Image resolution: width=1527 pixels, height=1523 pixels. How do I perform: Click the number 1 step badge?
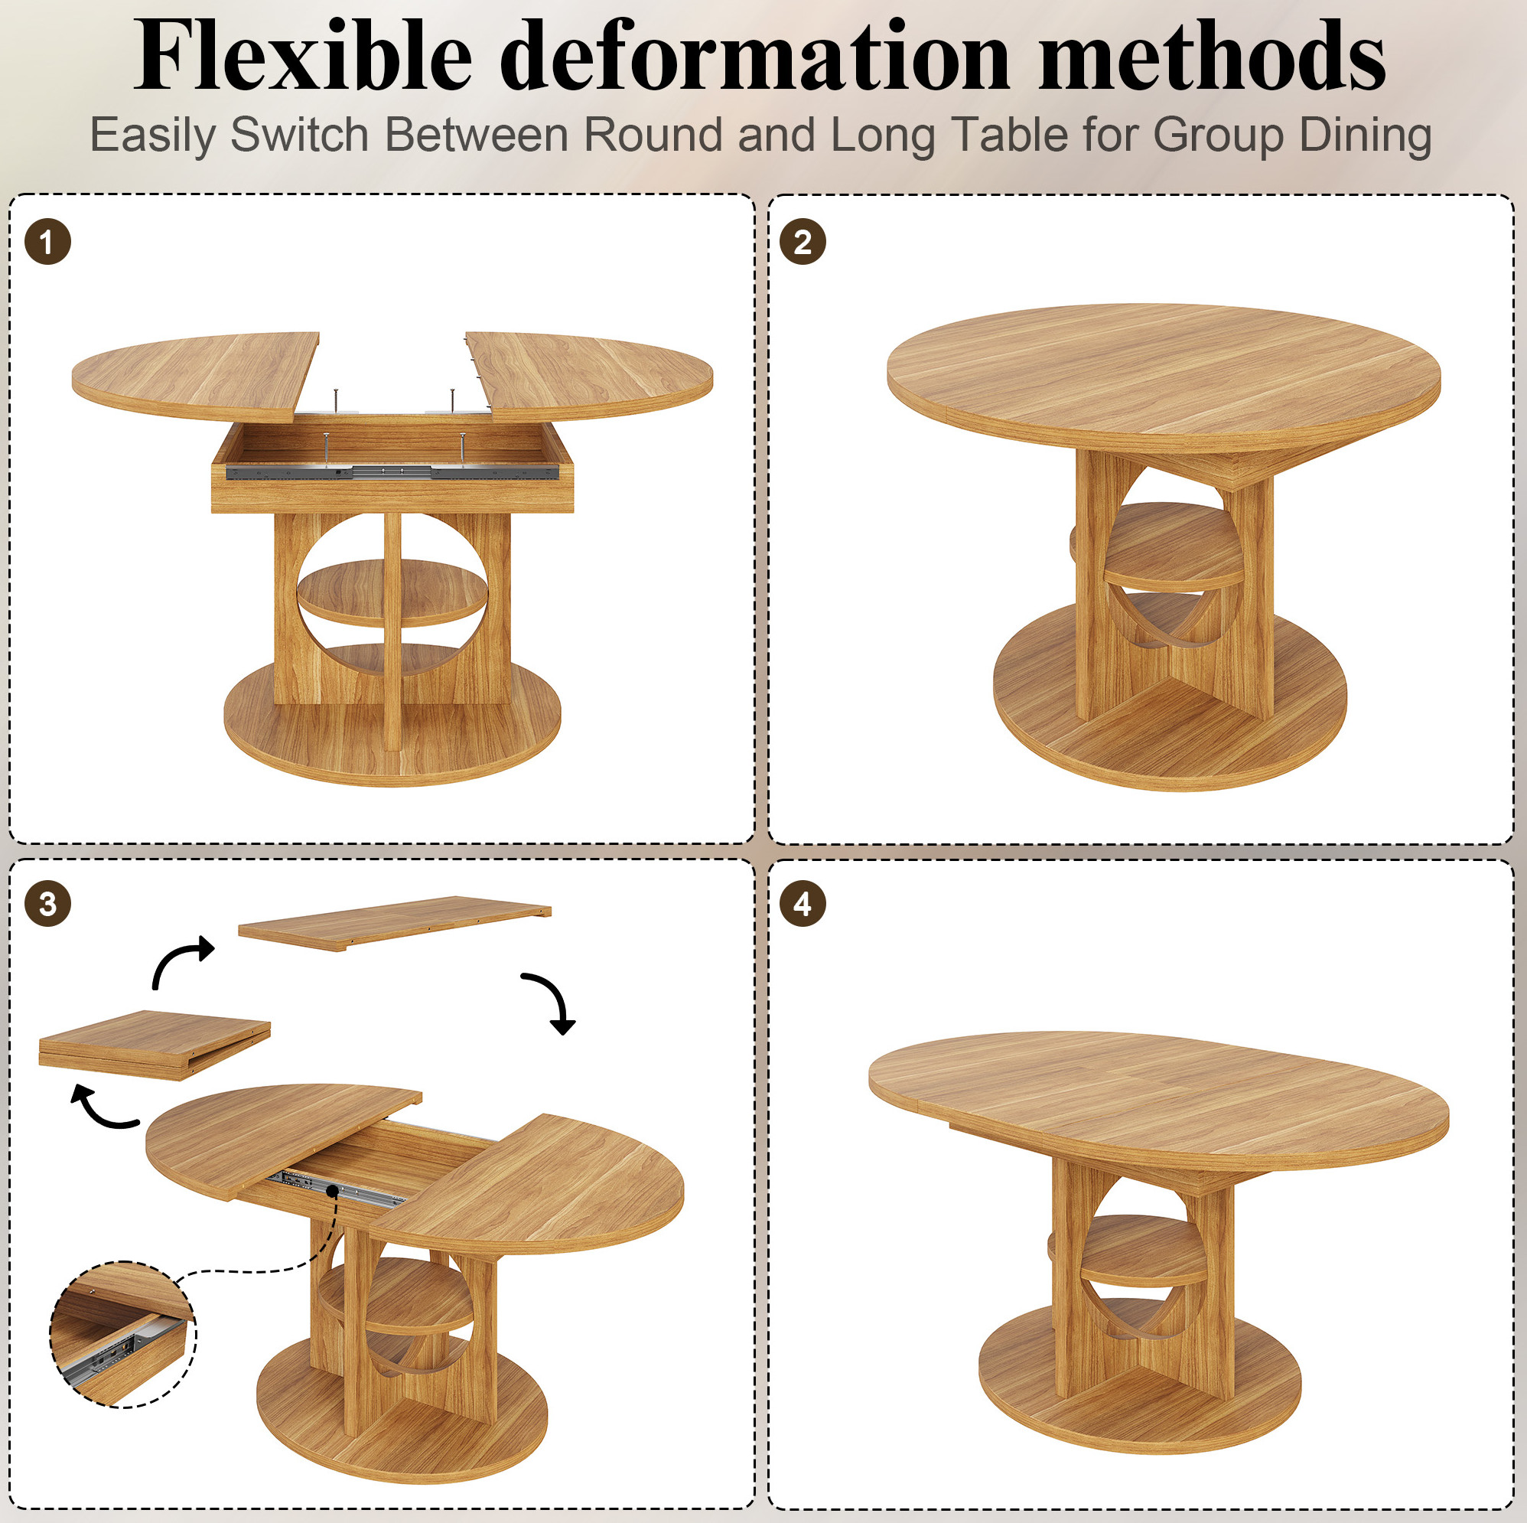47,241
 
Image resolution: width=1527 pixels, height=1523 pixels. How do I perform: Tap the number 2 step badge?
803,241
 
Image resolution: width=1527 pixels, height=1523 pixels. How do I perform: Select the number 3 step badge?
47,904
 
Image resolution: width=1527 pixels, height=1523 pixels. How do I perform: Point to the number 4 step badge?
803,904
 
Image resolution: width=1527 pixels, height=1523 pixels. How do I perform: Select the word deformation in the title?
755,55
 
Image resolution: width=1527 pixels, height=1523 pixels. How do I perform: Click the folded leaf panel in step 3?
155,1044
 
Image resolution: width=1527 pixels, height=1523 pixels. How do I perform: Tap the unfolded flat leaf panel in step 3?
396,922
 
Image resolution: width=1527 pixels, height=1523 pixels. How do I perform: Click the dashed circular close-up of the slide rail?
122,1334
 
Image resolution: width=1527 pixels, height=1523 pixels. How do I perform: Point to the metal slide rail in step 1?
392,472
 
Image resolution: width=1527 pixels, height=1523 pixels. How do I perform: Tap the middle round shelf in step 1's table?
392,592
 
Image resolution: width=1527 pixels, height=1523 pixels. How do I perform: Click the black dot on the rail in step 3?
332,1190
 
